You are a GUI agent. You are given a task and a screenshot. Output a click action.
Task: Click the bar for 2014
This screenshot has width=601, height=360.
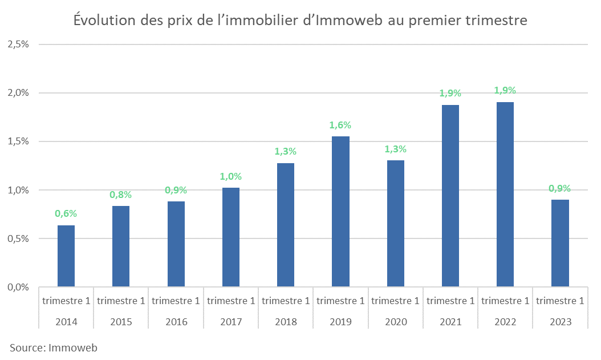(x=66, y=256)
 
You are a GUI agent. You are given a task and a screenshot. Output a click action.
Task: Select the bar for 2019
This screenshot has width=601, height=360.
(x=340, y=211)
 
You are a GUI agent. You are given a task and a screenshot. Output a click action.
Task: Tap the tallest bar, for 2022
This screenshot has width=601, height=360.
(x=505, y=194)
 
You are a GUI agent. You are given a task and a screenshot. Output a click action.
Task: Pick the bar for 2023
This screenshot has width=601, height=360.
(x=560, y=243)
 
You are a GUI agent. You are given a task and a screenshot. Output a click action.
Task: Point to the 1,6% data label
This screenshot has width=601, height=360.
(x=340, y=126)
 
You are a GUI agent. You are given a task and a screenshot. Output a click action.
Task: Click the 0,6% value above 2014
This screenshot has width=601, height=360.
(x=66, y=214)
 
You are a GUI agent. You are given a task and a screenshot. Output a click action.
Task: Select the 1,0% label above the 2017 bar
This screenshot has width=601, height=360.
(x=231, y=177)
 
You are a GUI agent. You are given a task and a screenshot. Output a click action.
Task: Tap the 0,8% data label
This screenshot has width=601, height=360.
(x=121, y=195)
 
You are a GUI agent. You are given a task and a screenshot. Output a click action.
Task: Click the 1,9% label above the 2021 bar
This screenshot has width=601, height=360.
(x=450, y=94)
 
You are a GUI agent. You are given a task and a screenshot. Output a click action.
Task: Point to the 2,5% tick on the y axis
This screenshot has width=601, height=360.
(x=18, y=45)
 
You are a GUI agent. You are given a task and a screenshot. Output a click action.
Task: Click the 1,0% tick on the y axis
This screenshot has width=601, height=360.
(x=18, y=190)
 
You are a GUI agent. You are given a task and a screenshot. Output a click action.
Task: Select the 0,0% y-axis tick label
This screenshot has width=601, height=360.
(x=18, y=287)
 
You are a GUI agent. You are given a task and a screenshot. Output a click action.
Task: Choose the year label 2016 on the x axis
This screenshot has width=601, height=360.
(x=176, y=322)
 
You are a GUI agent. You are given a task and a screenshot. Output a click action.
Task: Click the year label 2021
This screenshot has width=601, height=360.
(x=450, y=322)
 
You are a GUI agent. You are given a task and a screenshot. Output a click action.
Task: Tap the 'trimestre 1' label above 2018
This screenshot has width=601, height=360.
(x=286, y=301)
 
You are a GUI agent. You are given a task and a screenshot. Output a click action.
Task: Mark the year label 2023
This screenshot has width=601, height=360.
(x=560, y=322)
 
